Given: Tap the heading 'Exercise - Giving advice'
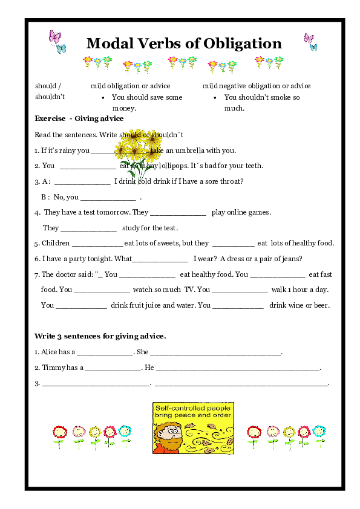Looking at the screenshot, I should pyautogui.click(x=79, y=118).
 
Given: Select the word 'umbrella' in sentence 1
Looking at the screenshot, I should pyautogui.click(x=195, y=151).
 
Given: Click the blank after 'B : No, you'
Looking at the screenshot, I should pyautogui.click(x=108, y=197).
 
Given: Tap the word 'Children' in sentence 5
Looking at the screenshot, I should pyautogui.click(x=56, y=243).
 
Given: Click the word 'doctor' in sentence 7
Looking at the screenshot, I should pyautogui.click(x=69, y=274).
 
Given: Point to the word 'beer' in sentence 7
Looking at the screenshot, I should pyautogui.click(x=321, y=305).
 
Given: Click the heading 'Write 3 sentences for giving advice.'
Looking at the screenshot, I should pyautogui.click(x=100, y=336).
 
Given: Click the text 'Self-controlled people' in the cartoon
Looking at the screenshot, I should pyautogui.click(x=193, y=409).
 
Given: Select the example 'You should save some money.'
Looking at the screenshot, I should pyautogui.click(x=147, y=103).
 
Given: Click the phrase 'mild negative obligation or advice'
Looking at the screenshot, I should pyautogui.click(x=257, y=86).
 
